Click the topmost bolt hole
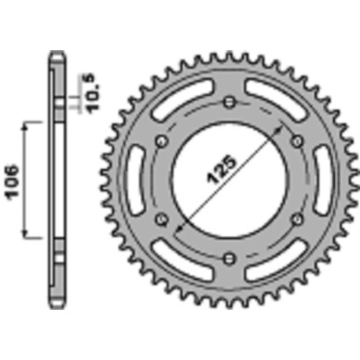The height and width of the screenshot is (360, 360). click(x=228, y=102)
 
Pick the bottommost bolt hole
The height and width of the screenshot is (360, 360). click(x=228, y=256)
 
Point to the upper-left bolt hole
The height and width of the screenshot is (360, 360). click(x=162, y=140)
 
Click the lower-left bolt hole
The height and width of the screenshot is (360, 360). click(x=162, y=218)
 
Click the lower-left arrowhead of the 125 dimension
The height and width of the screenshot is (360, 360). click(x=178, y=231)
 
